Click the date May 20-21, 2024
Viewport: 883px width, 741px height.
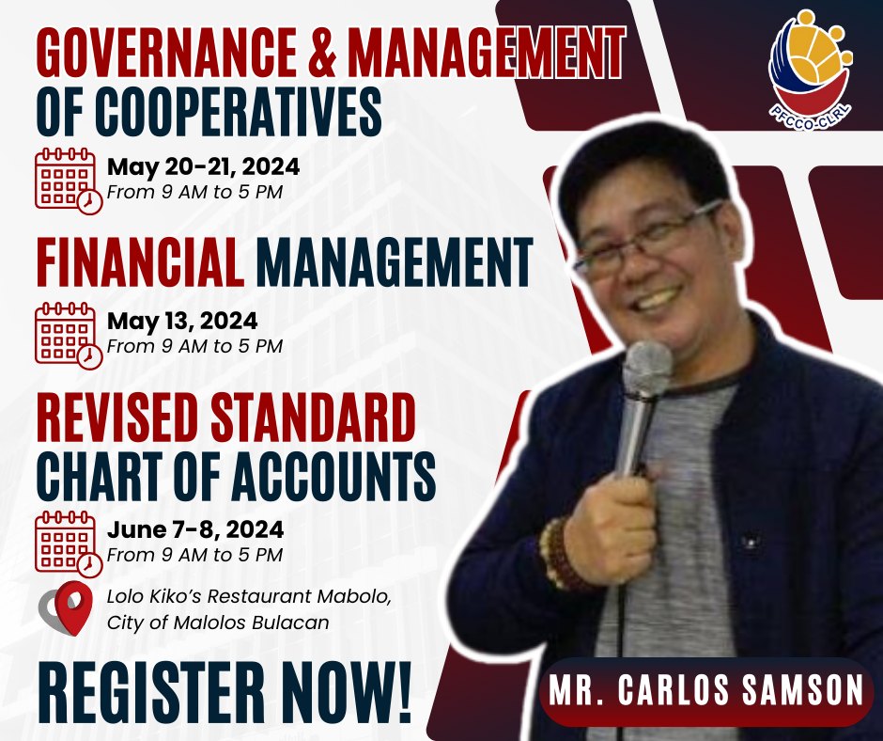pos(203,166)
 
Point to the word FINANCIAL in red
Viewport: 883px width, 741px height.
pos(140,262)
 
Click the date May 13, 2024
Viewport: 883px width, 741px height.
pos(182,321)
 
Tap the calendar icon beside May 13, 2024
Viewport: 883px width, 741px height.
pos(69,335)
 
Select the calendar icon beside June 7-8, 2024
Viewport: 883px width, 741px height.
pos(69,544)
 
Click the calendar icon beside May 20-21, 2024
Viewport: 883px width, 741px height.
pos(69,181)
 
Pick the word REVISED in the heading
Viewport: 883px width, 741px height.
pos(118,418)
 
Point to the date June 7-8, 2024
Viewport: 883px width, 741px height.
pos(195,529)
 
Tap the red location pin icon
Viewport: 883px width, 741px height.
pos(73,607)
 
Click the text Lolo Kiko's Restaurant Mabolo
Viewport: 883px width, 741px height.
pos(249,596)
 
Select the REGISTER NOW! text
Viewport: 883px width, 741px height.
pos(225,692)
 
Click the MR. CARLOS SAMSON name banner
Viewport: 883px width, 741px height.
pos(705,690)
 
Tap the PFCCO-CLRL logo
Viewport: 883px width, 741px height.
pos(811,71)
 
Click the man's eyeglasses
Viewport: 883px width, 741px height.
pos(647,239)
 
